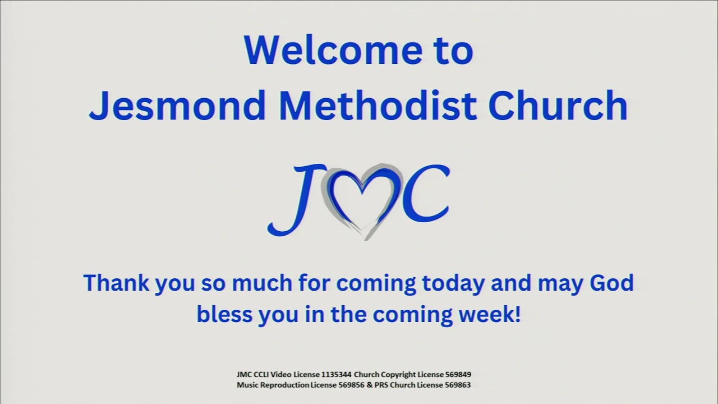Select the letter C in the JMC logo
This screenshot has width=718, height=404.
[x=425, y=194]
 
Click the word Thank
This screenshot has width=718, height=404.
[x=115, y=283]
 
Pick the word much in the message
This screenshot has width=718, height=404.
[x=257, y=283]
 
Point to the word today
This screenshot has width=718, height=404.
[x=452, y=283]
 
